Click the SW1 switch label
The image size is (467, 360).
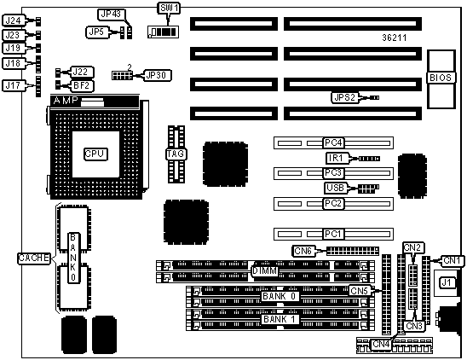169,8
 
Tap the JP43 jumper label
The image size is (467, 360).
111,14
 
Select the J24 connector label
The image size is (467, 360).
13,20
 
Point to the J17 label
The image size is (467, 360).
13,85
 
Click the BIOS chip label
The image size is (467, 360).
441,78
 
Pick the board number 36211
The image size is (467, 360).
395,38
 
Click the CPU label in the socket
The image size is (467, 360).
95,154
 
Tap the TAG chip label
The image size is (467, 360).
176,154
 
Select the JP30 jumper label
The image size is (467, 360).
156,75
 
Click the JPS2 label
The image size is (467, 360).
345,97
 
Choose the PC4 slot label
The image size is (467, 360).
333,142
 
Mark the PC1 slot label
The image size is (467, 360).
333,234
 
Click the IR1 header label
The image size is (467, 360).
337,158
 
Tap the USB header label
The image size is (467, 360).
336,188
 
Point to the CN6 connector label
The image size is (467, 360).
303,251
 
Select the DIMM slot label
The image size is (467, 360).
265,271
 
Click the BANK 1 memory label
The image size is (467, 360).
280,319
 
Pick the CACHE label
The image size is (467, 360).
33,258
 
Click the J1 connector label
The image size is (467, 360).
447,282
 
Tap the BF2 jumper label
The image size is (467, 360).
81,86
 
